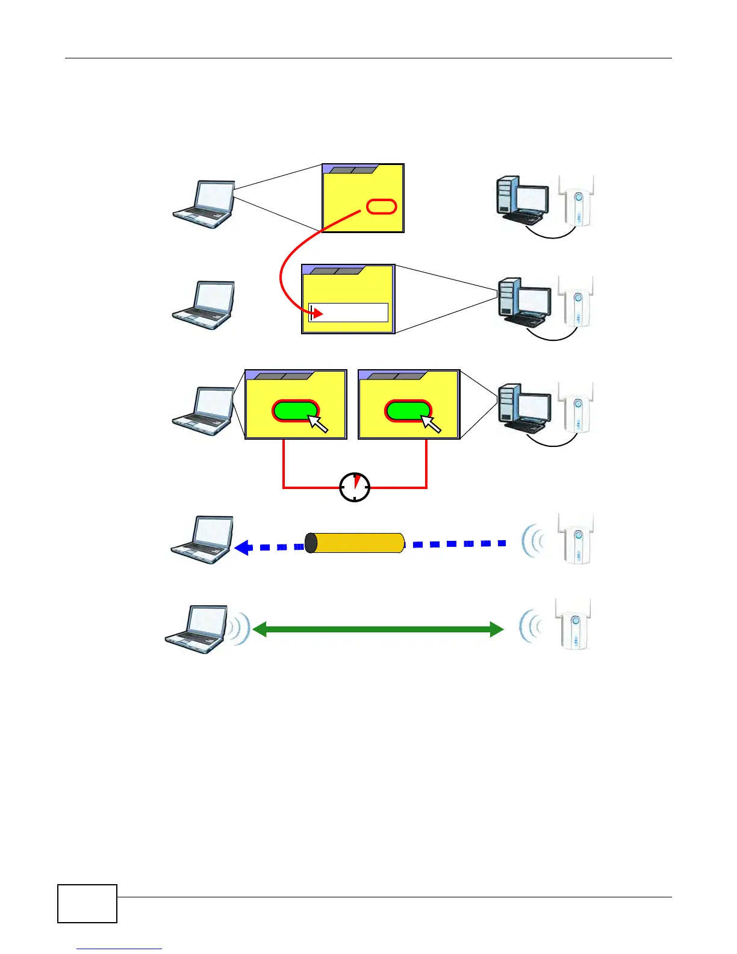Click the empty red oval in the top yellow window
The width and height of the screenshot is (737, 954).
click(x=382, y=207)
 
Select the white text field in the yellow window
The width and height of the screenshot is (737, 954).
click(x=349, y=313)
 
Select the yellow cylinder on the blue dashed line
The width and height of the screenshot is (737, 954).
click(x=355, y=543)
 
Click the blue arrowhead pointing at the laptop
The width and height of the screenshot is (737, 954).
click(x=243, y=547)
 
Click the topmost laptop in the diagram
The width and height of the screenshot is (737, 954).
click(x=205, y=205)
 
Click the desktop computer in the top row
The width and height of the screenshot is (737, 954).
click(x=521, y=199)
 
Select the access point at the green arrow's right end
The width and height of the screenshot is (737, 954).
click(x=573, y=625)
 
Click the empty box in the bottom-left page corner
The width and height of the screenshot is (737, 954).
click(x=87, y=903)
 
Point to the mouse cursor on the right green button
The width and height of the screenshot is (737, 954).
click(x=431, y=424)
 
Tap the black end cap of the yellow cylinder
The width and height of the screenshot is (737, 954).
click(x=311, y=543)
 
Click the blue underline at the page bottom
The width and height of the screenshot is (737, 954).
click(x=119, y=949)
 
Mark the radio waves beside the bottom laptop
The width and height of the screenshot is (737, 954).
click(x=240, y=630)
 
